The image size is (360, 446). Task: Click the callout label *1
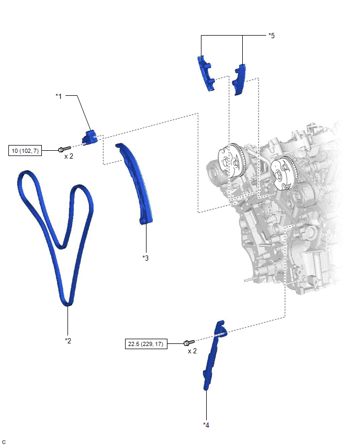[59, 96]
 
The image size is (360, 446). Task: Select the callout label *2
[68, 340]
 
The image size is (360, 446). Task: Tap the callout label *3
[145, 258]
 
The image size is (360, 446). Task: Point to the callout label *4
[206, 425]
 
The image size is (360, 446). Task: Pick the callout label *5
[272, 36]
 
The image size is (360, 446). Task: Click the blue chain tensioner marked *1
[90, 137]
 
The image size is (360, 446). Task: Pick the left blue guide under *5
[206, 73]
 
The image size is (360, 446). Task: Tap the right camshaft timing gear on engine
[284, 173]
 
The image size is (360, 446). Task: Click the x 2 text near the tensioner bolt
[69, 156]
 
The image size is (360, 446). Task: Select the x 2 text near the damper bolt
[192, 351]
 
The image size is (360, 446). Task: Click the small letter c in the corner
[4, 442]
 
